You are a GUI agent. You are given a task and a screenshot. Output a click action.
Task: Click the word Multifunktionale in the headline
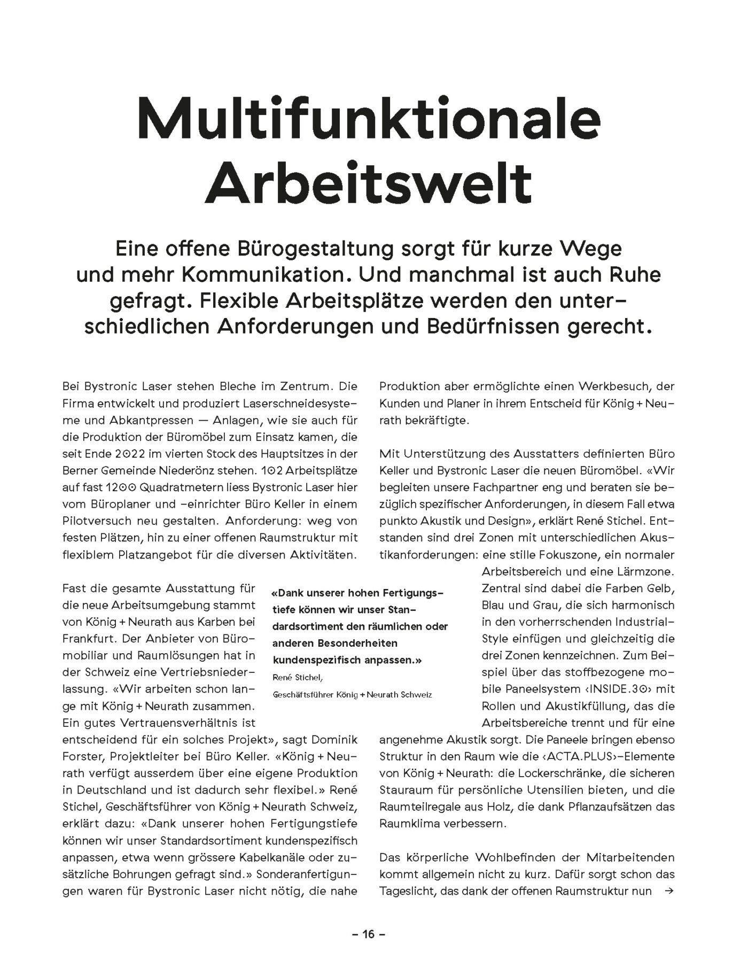point(369,118)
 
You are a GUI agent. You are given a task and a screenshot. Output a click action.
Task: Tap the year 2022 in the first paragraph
point(130,454)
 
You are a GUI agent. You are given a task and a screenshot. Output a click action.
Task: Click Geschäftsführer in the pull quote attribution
point(303,695)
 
